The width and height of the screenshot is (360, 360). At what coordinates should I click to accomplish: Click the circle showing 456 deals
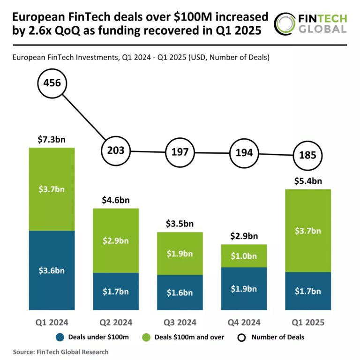52,83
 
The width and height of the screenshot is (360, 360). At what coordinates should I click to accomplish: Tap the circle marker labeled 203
116,150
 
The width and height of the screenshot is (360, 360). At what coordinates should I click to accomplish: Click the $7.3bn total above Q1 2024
52,140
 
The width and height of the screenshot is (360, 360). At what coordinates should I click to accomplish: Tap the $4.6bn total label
116,200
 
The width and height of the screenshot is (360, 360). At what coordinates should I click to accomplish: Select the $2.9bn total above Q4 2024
244,236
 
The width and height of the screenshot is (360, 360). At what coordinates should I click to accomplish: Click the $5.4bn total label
308,181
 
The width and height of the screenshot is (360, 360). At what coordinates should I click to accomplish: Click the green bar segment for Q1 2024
52,189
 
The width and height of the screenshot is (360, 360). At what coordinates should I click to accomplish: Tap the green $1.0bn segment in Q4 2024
244,256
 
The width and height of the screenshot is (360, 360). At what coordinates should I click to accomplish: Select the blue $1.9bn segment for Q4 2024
244,288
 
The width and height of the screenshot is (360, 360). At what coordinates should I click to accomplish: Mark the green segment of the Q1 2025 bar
308,230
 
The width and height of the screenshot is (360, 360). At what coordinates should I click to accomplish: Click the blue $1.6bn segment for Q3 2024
180,292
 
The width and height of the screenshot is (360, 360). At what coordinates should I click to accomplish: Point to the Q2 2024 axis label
116,322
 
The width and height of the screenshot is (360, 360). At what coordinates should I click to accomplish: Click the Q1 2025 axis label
308,322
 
